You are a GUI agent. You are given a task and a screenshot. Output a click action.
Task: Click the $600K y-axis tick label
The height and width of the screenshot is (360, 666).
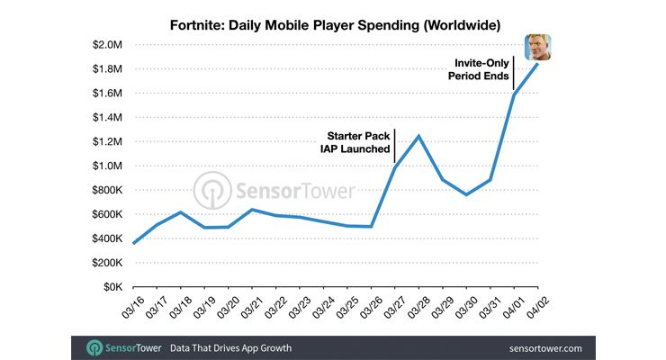104,214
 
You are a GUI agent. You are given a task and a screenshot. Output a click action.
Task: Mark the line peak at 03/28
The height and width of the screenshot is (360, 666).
418,136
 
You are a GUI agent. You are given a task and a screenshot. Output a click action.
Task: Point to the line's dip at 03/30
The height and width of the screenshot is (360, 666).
466,194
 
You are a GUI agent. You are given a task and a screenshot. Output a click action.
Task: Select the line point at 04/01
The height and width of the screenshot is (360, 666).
514,94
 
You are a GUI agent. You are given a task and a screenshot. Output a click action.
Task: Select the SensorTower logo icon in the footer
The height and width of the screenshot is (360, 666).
94,347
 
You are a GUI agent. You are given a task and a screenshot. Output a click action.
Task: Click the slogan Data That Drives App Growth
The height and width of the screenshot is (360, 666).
229,347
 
